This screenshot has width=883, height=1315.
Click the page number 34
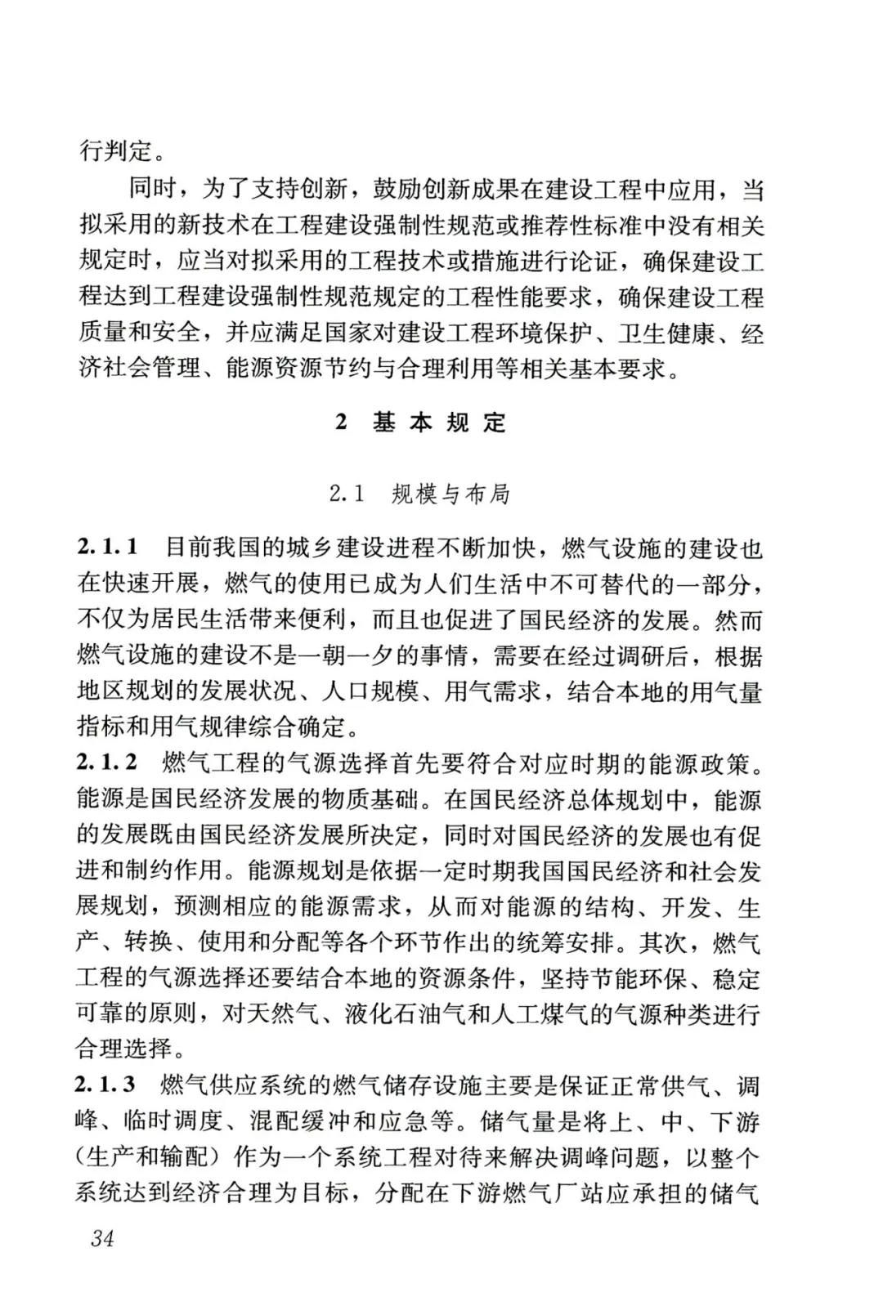(x=103, y=1237)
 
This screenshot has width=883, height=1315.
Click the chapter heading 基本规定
(x=440, y=423)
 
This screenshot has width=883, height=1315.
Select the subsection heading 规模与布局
(x=450, y=494)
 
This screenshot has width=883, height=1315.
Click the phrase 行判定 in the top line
(x=114, y=150)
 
